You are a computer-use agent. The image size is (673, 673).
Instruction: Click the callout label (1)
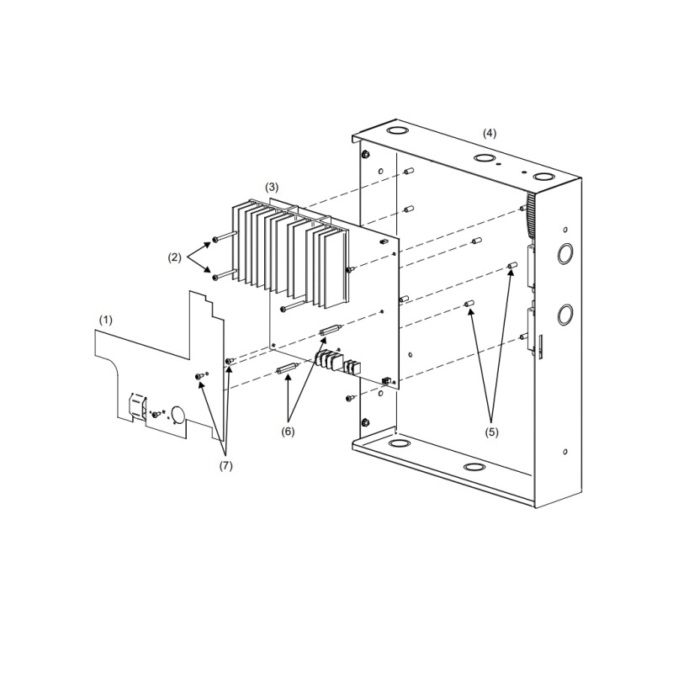pyautogui.click(x=105, y=321)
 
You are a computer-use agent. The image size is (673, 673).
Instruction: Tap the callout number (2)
pyautogui.click(x=175, y=257)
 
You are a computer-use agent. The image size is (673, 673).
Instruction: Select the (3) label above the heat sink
pyautogui.click(x=272, y=185)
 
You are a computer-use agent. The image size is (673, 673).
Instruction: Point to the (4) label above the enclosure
pyautogui.click(x=489, y=133)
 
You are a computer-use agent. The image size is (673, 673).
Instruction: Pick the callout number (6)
pyautogui.click(x=289, y=431)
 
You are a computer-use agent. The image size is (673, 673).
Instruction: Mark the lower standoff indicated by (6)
pyautogui.click(x=287, y=370)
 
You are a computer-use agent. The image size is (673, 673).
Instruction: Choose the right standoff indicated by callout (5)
pyautogui.click(x=511, y=267)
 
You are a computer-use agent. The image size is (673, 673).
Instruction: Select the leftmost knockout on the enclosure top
pyautogui.click(x=393, y=132)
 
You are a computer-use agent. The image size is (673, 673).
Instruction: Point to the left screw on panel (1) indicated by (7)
pyautogui.click(x=199, y=376)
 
